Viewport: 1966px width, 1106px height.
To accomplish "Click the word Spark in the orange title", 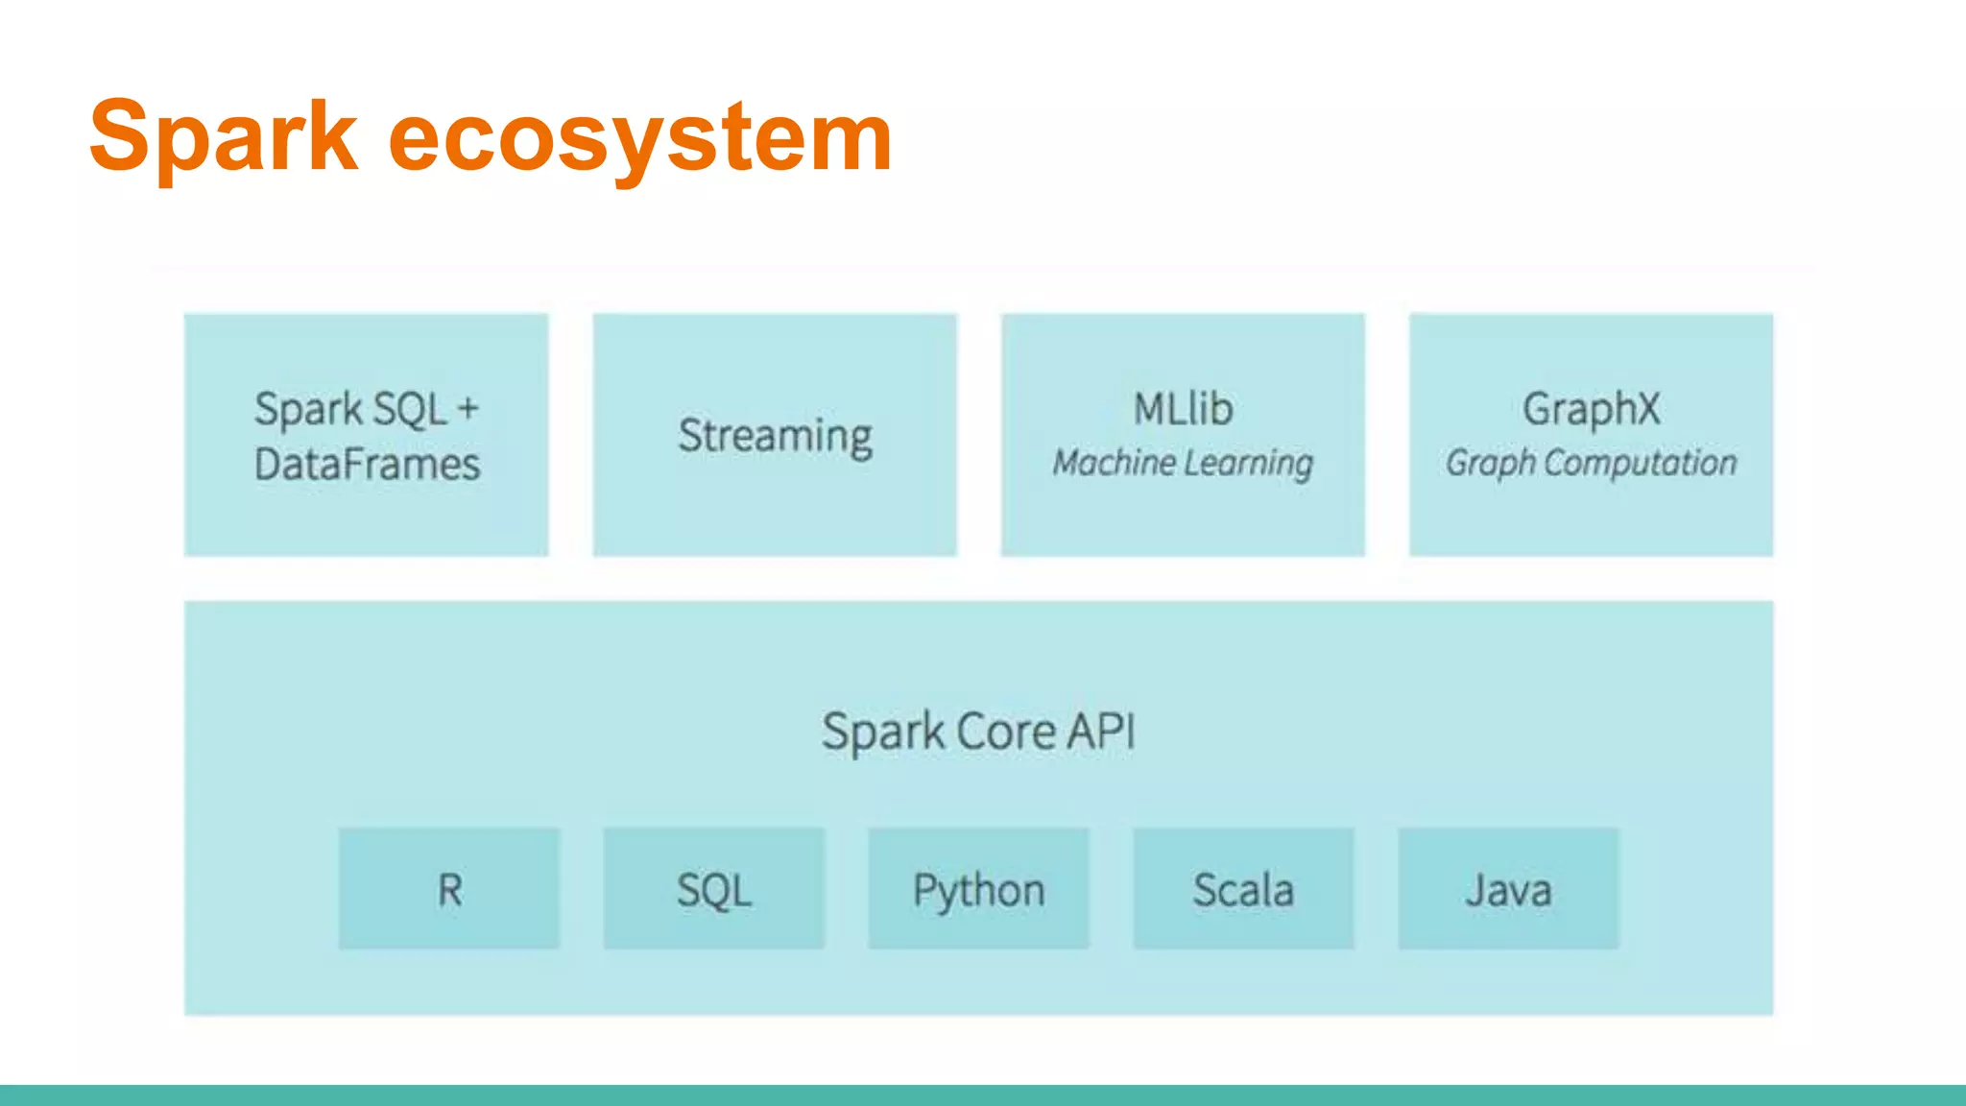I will (x=223, y=137).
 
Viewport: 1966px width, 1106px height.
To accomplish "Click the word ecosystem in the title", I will (x=640, y=137).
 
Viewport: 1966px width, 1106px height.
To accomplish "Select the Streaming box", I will (x=775, y=435).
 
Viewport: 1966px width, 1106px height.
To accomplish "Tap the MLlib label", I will (x=1183, y=409).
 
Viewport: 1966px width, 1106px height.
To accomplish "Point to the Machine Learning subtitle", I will (x=1183, y=463).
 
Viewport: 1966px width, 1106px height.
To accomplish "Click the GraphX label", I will (x=1591, y=409).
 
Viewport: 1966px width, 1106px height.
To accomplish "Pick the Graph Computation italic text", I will (x=1591, y=463).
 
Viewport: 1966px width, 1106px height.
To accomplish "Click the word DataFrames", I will (x=367, y=465).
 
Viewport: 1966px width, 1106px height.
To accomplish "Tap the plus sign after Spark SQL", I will (x=468, y=409).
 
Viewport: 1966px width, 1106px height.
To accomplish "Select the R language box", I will (x=448, y=889).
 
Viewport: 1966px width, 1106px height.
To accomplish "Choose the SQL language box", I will (x=713, y=889).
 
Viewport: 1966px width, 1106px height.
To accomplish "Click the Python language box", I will (x=978, y=889).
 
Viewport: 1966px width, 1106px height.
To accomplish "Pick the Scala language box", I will (x=1243, y=889).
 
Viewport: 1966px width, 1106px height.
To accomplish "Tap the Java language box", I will (x=1508, y=889).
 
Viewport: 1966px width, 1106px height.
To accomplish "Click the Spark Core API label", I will (x=978, y=732).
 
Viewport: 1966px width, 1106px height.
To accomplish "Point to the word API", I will (x=1101, y=732).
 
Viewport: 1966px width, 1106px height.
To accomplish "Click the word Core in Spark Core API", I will (x=1006, y=732).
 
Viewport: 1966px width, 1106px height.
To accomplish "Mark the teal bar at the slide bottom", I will (x=983, y=1095).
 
